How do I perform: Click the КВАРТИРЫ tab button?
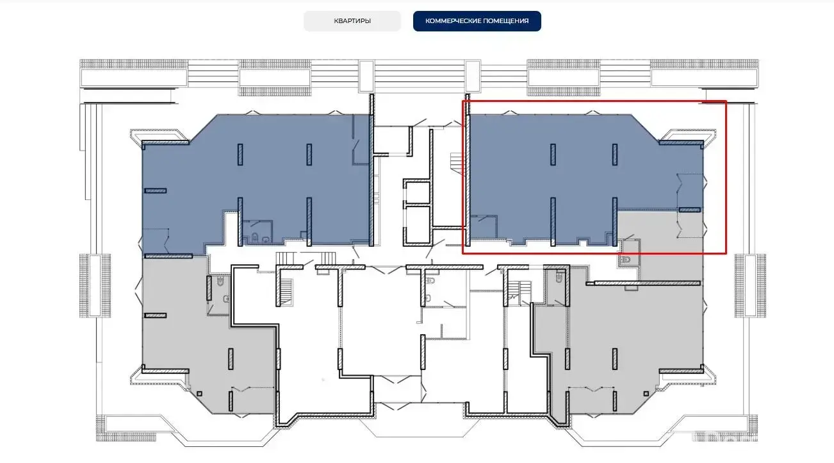pos(352,21)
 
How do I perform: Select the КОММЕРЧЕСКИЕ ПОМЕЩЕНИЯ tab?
pos(477,21)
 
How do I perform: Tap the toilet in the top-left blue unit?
pos(255,237)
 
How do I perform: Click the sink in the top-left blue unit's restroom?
pos(266,239)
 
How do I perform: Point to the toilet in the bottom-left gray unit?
pos(220,281)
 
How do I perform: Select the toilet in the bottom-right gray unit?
pos(559,277)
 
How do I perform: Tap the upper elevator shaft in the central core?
pos(418,192)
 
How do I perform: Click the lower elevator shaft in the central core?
pos(418,226)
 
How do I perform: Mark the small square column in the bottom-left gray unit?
pos(200,394)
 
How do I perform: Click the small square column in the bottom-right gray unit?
pos(646,394)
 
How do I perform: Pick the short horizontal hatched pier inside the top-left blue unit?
pos(155,191)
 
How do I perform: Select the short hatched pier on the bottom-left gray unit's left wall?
pos(155,316)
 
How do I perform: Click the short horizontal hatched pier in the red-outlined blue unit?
pos(689,210)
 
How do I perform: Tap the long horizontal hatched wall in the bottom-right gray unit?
pos(647,283)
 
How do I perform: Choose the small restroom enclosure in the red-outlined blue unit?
pos(484,226)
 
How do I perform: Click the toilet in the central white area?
pos(431,280)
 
